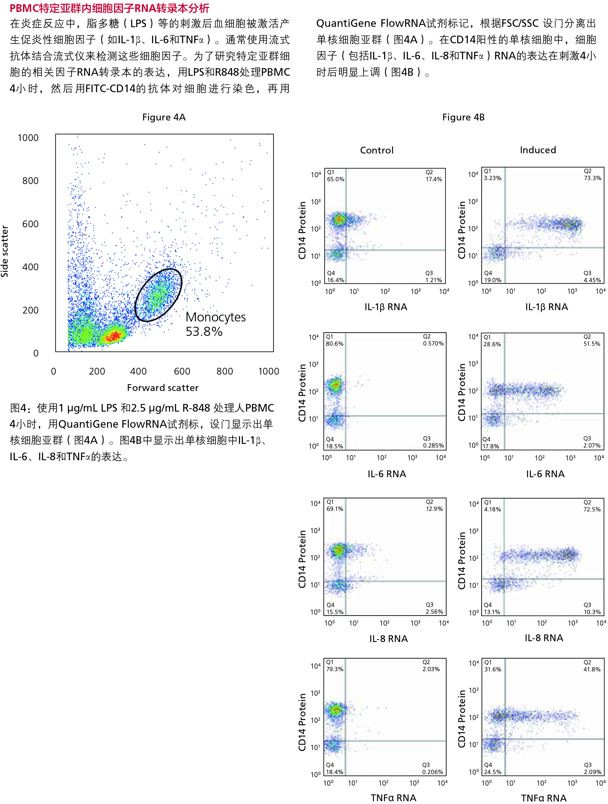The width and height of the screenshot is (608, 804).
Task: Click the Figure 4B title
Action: coord(463,117)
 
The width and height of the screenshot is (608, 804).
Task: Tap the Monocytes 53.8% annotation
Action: coord(215,324)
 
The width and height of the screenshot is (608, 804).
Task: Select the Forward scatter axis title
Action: coord(163,388)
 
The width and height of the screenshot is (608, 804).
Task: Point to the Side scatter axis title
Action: coord(5,251)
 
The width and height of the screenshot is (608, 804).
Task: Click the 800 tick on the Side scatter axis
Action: coord(30,181)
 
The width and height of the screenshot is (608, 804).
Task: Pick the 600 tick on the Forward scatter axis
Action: coord(182,371)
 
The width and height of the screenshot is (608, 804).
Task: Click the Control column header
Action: coord(376,150)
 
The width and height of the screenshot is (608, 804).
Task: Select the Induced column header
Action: coord(538,150)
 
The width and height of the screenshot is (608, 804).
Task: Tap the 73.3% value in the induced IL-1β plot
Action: coord(592,178)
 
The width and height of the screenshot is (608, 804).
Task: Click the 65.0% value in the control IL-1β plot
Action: coord(335,179)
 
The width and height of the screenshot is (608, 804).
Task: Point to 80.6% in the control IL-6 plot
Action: coord(334,343)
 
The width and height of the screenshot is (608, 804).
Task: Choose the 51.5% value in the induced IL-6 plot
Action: coord(592,343)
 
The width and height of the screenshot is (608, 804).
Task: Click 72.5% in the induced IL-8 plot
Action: coord(592,509)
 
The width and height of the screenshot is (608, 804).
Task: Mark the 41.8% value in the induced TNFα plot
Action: coord(592,669)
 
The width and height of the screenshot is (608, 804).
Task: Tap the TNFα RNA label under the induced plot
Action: coord(543,798)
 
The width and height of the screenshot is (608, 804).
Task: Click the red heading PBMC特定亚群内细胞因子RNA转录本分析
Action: coord(110,8)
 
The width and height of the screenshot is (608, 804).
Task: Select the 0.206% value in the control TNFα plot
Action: coord(433,772)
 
